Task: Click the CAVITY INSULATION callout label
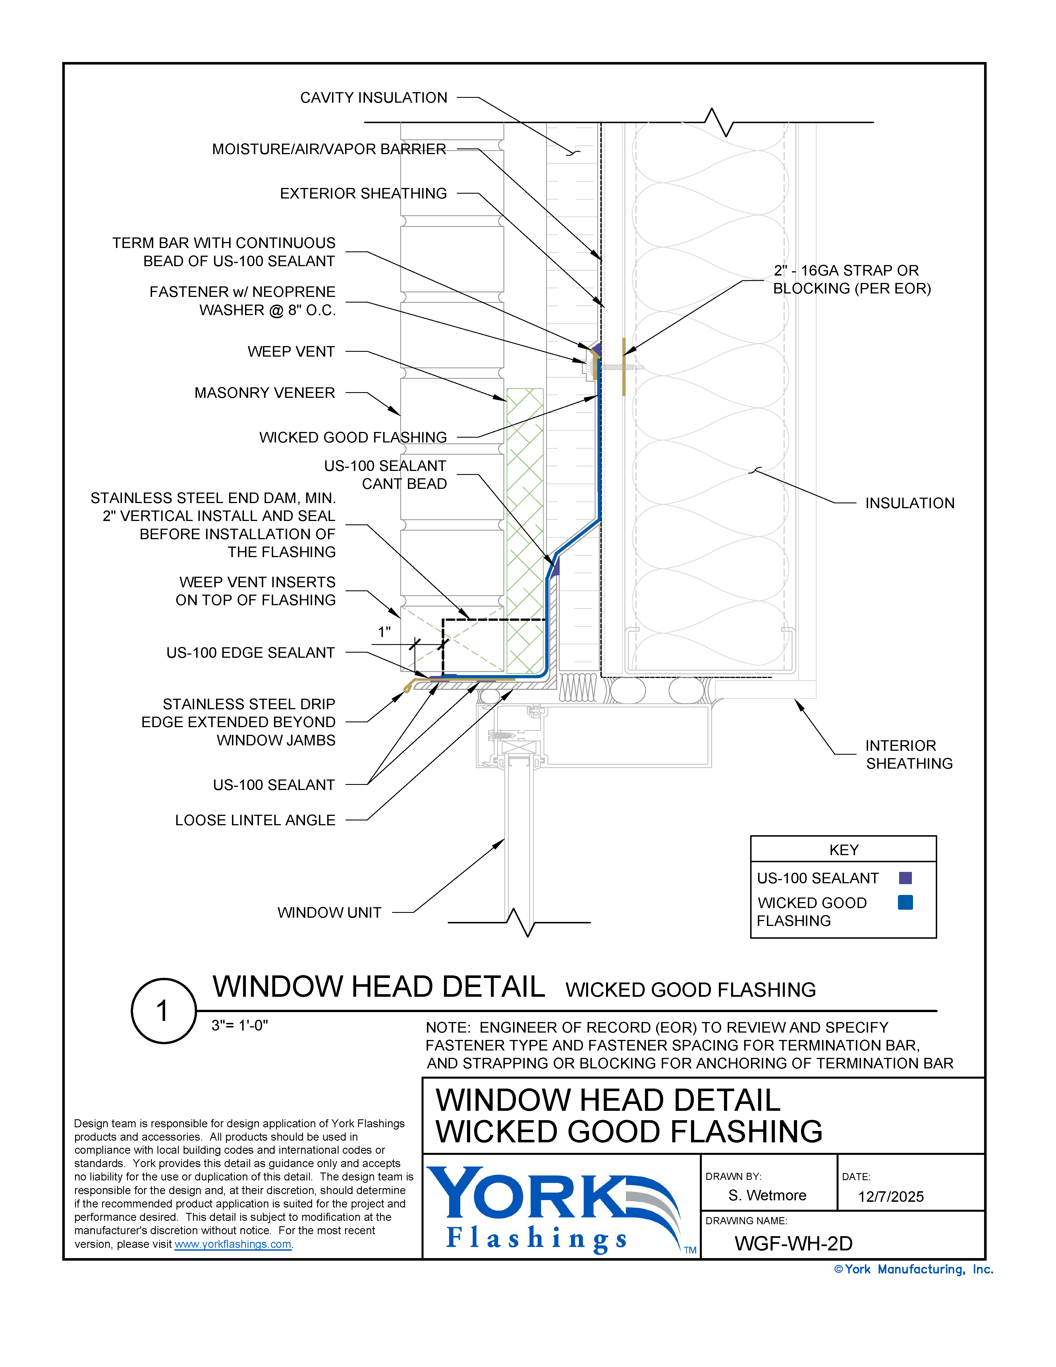coord(374,98)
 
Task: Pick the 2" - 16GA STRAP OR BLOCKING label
coord(851,279)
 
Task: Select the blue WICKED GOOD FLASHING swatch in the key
coord(904,902)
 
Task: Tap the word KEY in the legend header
coord(843,849)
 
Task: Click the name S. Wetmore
coord(767,1195)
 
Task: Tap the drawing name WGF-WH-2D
coord(793,1243)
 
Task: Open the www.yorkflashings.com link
coord(233,1244)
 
